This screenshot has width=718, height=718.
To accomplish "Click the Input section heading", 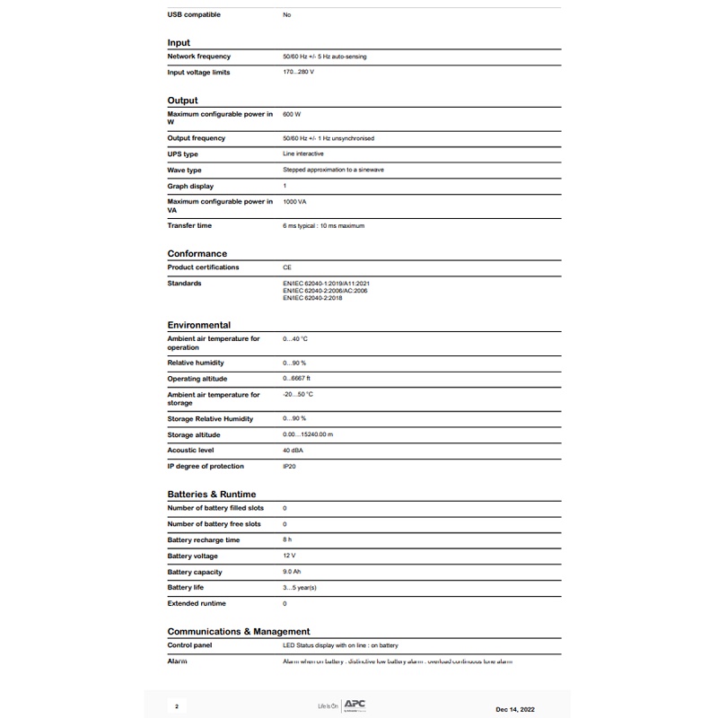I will (179, 42).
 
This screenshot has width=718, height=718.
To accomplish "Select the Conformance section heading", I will (197, 253).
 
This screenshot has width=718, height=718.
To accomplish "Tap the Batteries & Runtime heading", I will (211, 494).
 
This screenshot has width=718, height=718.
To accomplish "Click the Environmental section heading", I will (198, 325).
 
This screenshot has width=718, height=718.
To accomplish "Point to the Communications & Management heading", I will (238, 631).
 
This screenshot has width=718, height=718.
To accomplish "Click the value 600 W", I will (292, 115).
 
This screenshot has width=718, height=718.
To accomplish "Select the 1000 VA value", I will (294, 202).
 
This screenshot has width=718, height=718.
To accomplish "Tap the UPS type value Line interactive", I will (303, 154).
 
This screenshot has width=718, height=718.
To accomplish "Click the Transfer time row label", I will (189, 226).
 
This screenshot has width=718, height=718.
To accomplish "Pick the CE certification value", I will (287, 267).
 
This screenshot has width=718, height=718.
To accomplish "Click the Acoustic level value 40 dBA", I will (293, 451).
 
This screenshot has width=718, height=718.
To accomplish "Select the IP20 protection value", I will (289, 467).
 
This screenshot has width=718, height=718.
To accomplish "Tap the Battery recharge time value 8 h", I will (287, 540).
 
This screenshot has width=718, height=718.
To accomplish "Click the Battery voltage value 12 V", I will (288, 556).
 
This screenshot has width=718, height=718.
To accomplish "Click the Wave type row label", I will (184, 170).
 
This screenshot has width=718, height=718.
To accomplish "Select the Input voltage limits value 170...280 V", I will (299, 73).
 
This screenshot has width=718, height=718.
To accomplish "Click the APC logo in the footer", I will (355, 705).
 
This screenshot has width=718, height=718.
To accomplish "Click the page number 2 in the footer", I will (176, 706).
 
